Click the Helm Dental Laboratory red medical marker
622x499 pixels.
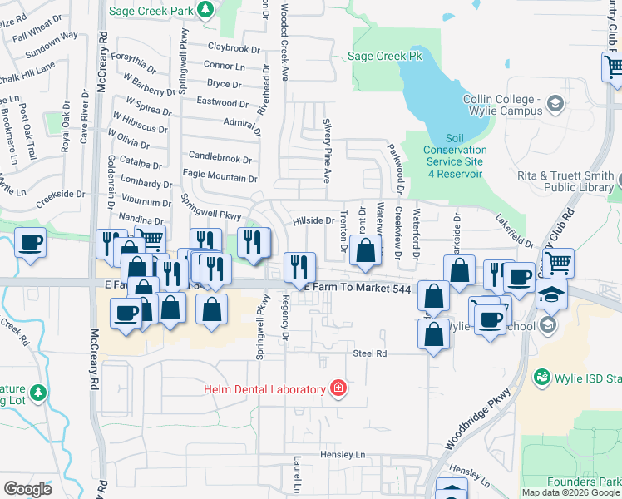point(338,388)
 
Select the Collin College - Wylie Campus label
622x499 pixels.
point(496,105)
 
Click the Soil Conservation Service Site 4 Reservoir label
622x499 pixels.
point(455,156)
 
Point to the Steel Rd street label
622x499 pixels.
point(370,353)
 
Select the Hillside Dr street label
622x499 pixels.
point(313,220)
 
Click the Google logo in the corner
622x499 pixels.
point(27,488)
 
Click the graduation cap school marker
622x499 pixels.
point(551,294)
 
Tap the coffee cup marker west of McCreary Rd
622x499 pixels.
point(30,242)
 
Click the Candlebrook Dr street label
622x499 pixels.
point(220,156)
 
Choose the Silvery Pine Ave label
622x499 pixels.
point(327,151)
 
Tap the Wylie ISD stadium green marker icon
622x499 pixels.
point(542,377)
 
